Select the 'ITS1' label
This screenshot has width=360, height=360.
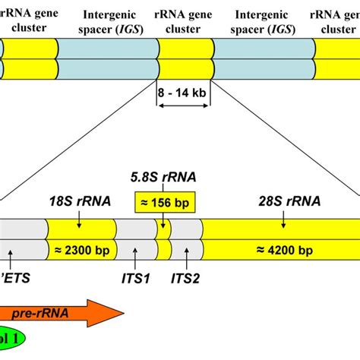(136, 279)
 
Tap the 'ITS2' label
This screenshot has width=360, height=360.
(185, 279)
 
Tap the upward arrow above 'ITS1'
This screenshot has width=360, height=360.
(135, 256)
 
